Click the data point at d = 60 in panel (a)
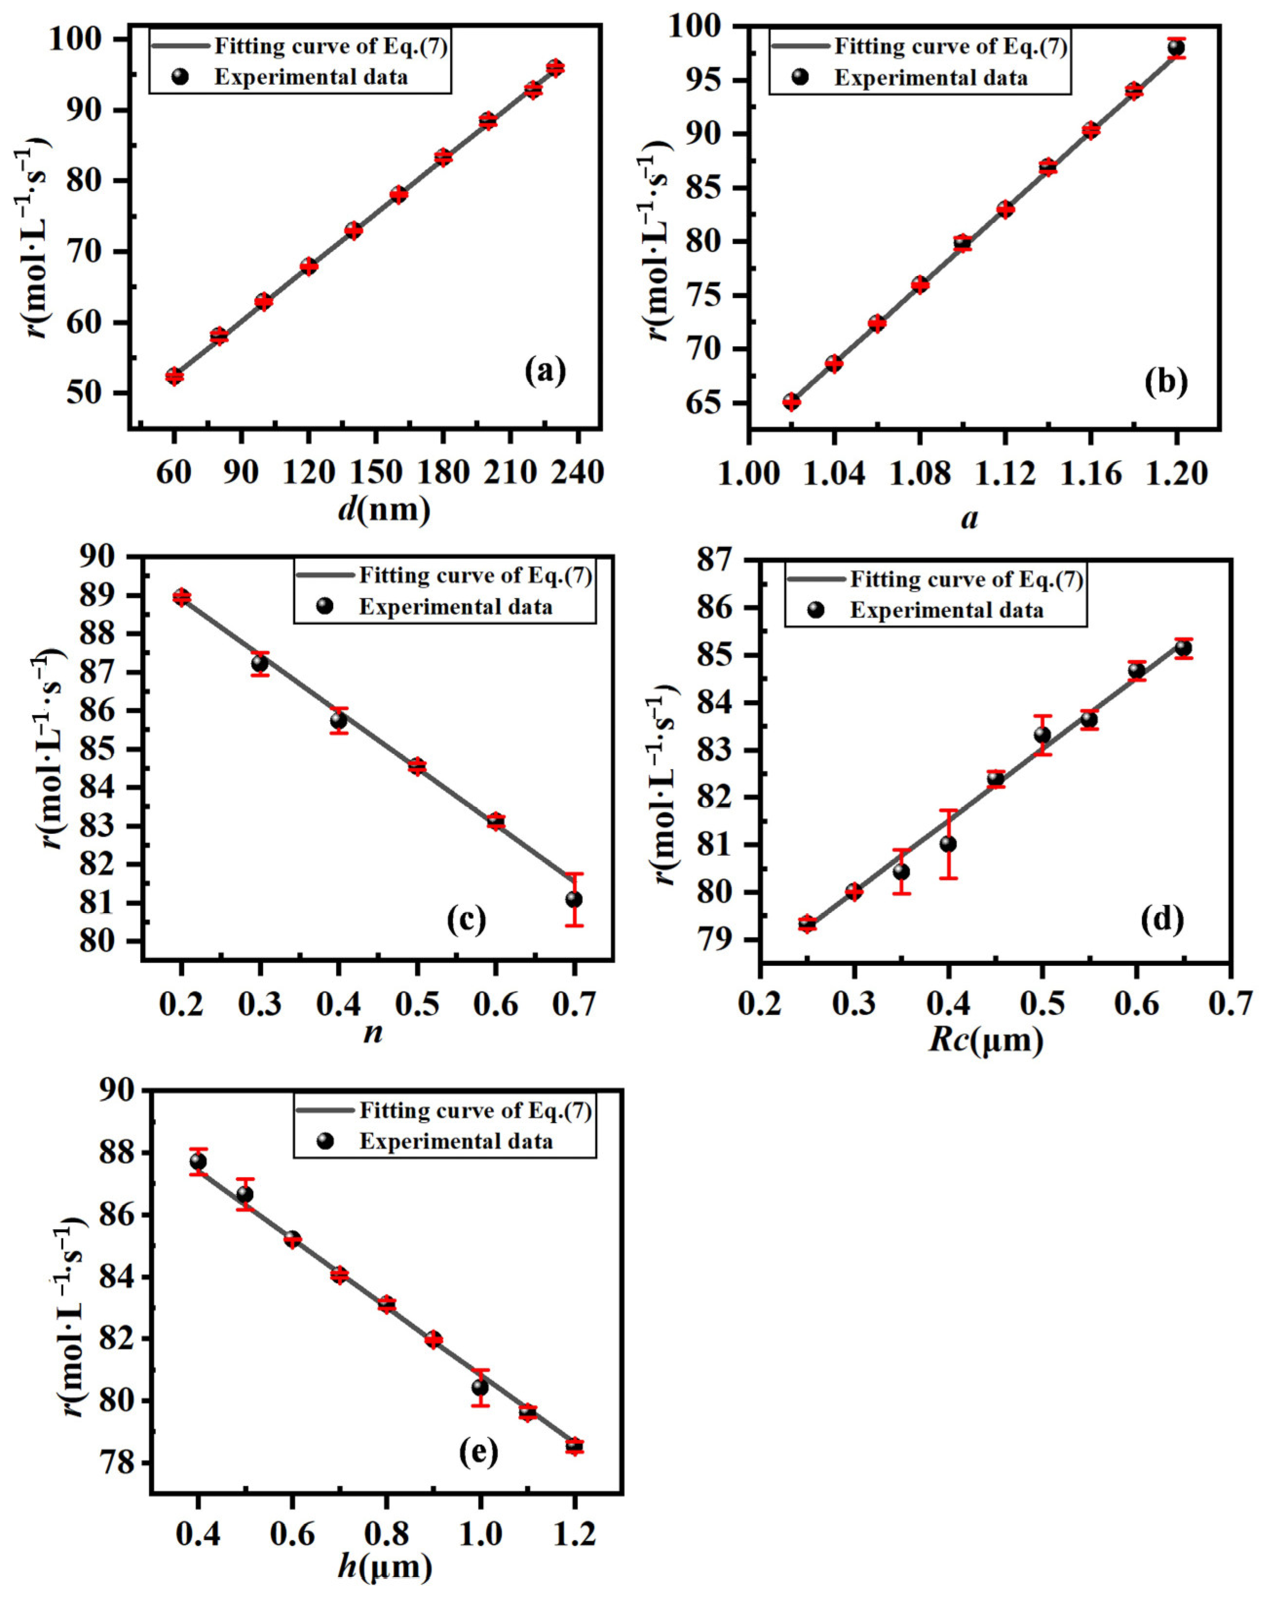(174, 376)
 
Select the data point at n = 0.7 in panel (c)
(574, 899)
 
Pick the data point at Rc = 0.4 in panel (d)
(949, 844)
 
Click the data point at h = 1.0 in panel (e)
(480, 1387)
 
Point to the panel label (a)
(545, 371)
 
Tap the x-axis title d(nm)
(384, 509)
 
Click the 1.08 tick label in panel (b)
(919, 473)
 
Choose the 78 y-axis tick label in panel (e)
(123, 1462)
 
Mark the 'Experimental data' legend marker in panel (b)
(800, 77)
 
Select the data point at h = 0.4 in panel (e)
(198, 1161)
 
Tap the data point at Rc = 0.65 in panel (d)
(1184, 648)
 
